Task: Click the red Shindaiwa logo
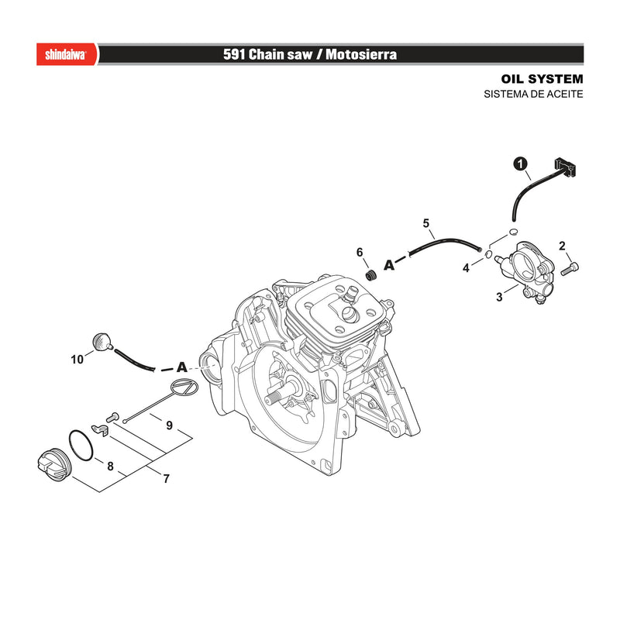pyautogui.click(x=67, y=54)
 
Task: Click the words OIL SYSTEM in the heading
pyautogui.click(x=542, y=79)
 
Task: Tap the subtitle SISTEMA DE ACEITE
pyautogui.click(x=533, y=94)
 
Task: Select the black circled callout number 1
pyautogui.click(x=520, y=164)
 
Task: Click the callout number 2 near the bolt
pyautogui.click(x=563, y=246)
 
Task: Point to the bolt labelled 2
pyautogui.click(x=570, y=268)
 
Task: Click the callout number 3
pyautogui.click(x=499, y=297)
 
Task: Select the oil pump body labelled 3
pyautogui.click(x=522, y=272)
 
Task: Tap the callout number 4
pyautogui.click(x=467, y=268)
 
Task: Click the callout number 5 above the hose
pyautogui.click(x=425, y=223)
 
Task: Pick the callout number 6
pyautogui.click(x=360, y=253)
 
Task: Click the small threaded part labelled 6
pyautogui.click(x=370, y=275)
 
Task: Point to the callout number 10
pyautogui.click(x=77, y=360)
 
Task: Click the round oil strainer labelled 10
pyautogui.click(x=102, y=341)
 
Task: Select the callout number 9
pyautogui.click(x=169, y=425)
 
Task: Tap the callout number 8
pyautogui.click(x=110, y=467)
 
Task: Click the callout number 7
pyautogui.click(x=167, y=479)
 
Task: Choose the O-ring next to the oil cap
pyautogui.click(x=81, y=446)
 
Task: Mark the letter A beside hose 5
pyautogui.click(x=390, y=264)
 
